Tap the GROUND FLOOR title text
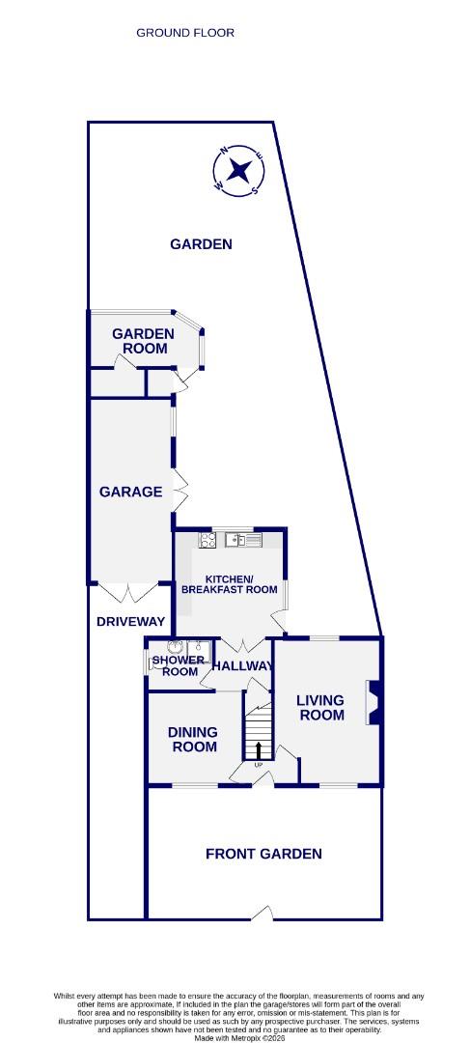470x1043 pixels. point(185,33)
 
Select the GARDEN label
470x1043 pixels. point(201,244)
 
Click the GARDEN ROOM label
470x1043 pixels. point(144,341)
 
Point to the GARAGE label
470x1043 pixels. point(130,492)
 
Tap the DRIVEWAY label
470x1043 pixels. point(131,621)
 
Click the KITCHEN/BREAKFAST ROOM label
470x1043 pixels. point(230,584)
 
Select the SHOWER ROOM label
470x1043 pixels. point(180,665)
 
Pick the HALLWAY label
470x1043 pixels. point(242,665)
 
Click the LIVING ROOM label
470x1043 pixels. point(321,708)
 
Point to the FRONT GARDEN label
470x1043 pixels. point(263,854)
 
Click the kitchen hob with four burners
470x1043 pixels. point(207,540)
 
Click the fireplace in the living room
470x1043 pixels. point(373,702)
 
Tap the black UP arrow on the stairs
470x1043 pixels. point(258,749)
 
